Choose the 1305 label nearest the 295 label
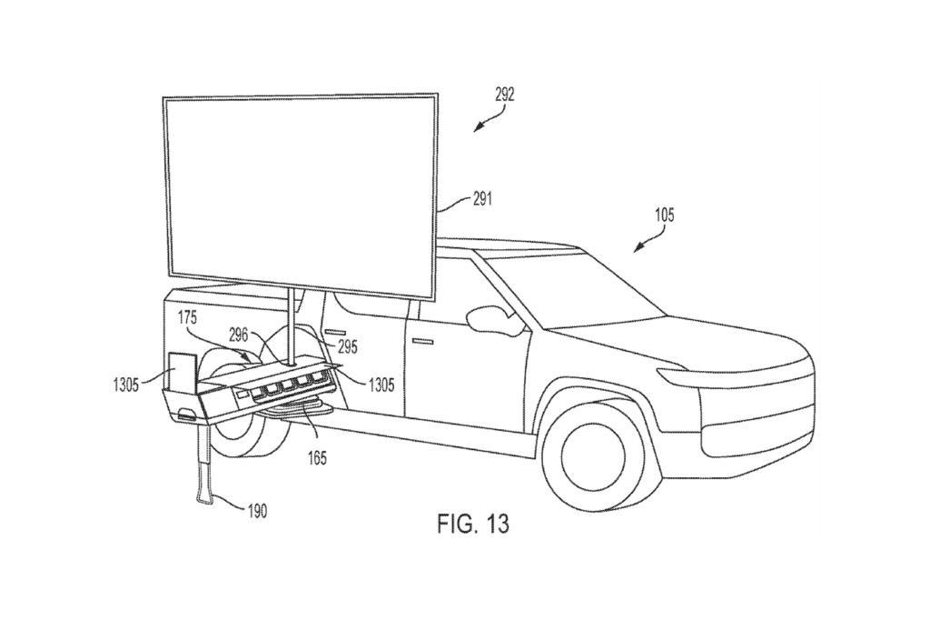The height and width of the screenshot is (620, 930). [x=381, y=384]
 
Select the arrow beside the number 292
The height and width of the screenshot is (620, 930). [x=488, y=117]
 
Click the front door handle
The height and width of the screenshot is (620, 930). [x=420, y=340]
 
